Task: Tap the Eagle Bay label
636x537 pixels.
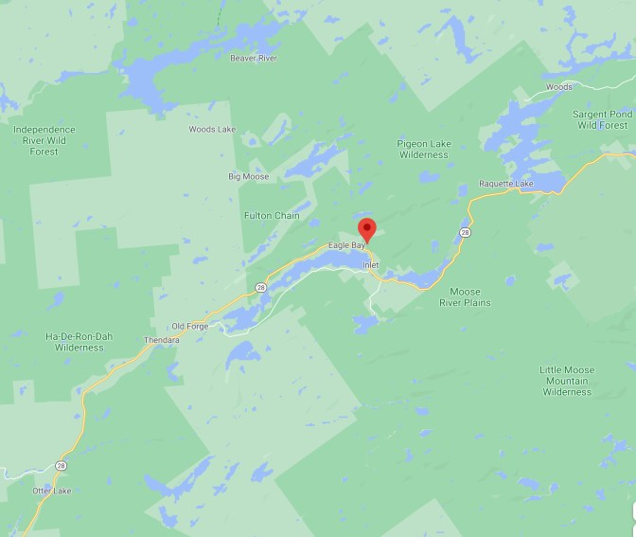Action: (x=345, y=245)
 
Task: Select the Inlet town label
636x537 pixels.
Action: (x=370, y=265)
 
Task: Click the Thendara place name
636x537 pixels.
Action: (x=160, y=340)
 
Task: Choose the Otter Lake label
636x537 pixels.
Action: (x=51, y=491)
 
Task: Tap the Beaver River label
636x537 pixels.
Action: (x=253, y=58)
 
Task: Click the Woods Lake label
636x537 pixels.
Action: (x=211, y=129)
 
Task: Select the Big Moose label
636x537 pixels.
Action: (x=248, y=176)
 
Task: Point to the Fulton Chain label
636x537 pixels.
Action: (x=272, y=215)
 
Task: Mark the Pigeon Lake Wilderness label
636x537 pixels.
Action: (x=422, y=149)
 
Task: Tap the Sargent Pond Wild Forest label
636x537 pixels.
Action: (x=602, y=119)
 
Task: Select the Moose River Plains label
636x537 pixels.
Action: (x=465, y=297)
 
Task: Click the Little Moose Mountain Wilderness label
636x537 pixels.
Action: (x=567, y=381)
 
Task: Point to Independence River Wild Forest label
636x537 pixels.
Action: (x=44, y=140)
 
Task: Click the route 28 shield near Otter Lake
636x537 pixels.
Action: (x=61, y=465)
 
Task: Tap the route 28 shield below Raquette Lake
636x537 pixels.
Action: (x=465, y=232)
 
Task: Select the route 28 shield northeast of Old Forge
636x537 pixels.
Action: (x=260, y=287)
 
